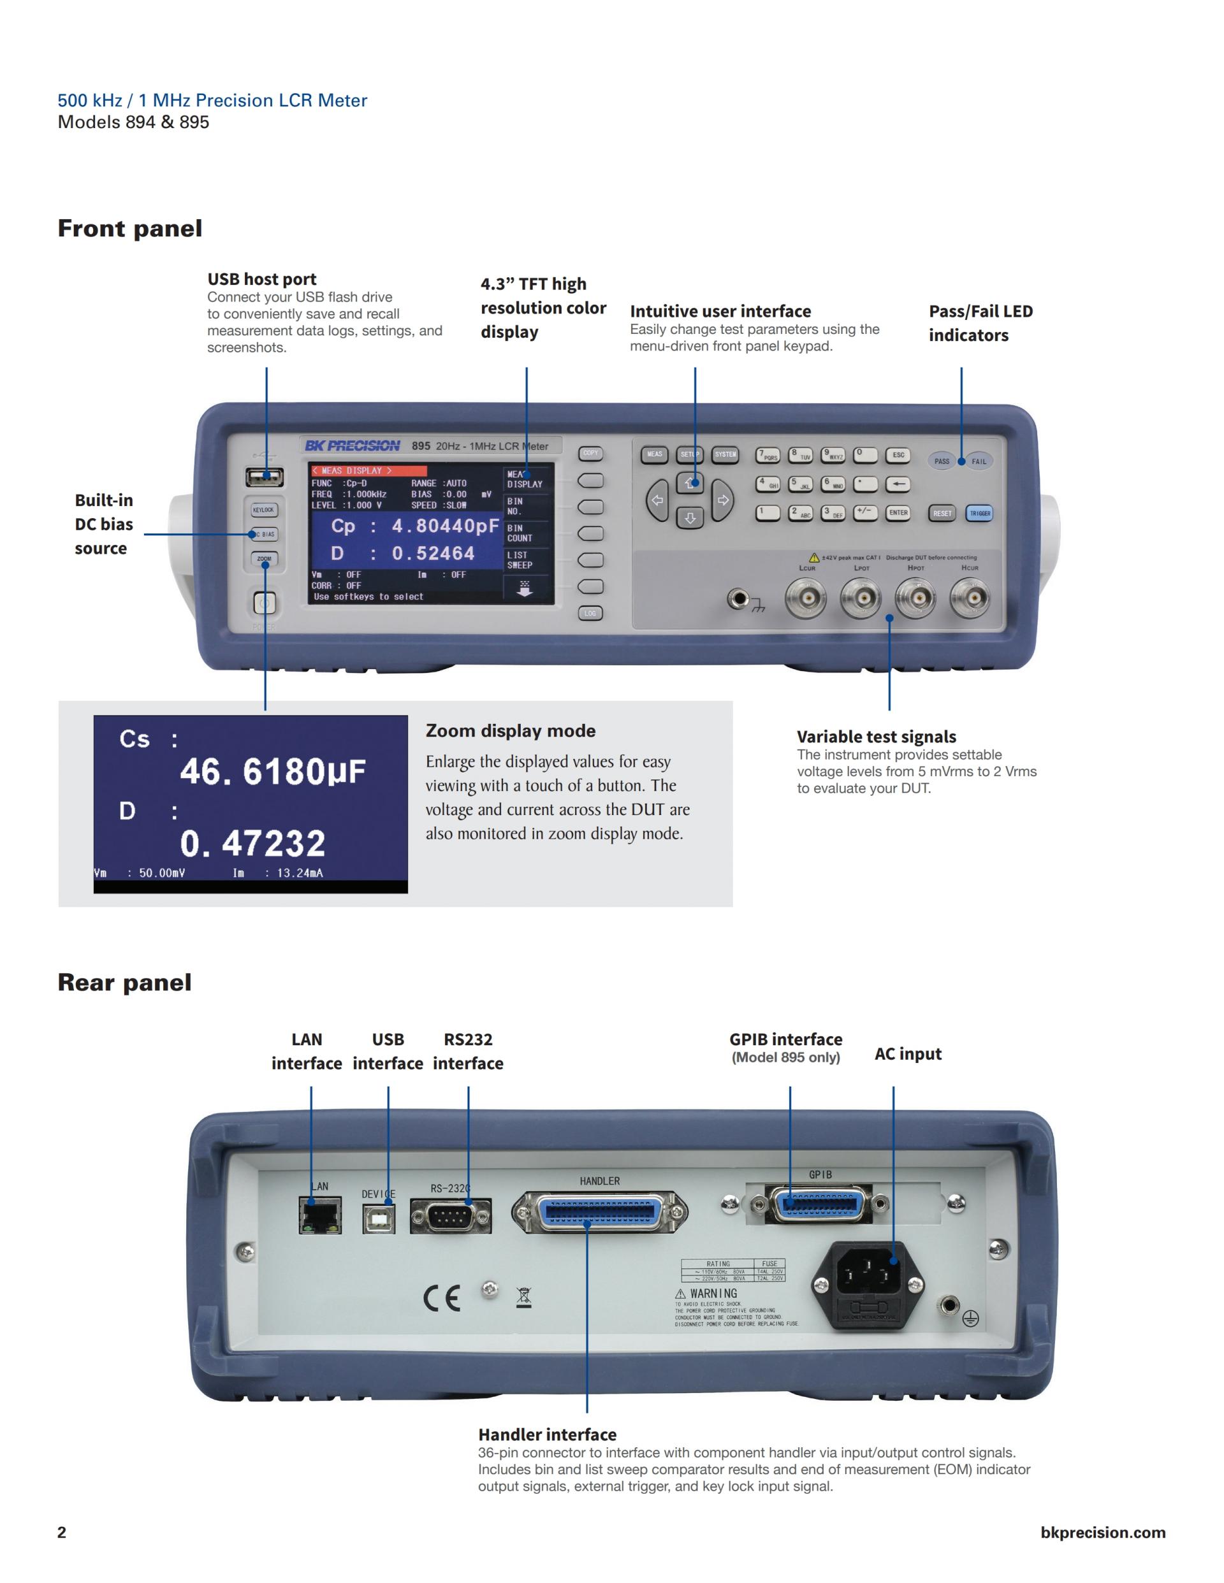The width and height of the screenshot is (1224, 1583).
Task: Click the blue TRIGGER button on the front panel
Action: point(980,513)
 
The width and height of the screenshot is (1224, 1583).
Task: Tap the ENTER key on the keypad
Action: point(898,512)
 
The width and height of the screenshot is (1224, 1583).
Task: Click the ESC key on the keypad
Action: point(898,455)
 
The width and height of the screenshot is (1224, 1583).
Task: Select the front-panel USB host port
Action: point(265,478)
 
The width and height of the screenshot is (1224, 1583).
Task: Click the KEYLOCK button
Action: point(263,510)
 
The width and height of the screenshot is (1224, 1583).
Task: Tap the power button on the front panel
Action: point(264,603)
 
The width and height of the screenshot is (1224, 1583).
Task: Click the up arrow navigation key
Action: point(690,482)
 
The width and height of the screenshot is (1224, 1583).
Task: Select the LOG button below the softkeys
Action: point(590,613)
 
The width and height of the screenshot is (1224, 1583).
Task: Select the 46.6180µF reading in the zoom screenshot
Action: point(273,771)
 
